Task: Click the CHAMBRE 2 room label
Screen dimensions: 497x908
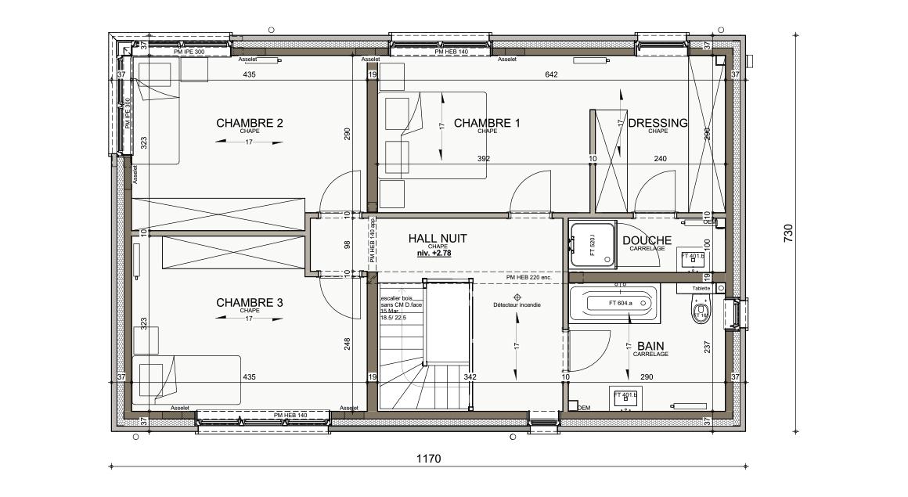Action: pyautogui.click(x=249, y=123)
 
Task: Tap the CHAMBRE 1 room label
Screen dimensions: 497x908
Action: pyautogui.click(x=486, y=123)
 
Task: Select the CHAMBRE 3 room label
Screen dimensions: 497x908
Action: pyautogui.click(x=249, y=303)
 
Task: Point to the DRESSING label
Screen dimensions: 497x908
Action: pyautogui.click(x=658, y=123)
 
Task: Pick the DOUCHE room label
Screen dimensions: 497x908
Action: pyautogui.click(x=647, y=240)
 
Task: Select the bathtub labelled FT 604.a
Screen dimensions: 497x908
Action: pyautogui.click(x=613, y=303)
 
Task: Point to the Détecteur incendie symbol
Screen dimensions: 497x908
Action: pyautogui.click(x=517, y=297)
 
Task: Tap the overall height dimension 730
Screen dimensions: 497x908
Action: pyautogui.click(x=788, y=233)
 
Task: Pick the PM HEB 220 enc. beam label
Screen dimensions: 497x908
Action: pyautogui.click(x=528, y=277)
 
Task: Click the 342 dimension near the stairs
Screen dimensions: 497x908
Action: pyautogui.click(x=470, y=377)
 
